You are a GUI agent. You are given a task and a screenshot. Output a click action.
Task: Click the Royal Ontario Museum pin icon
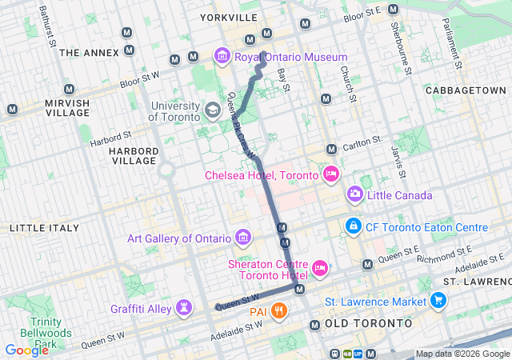(222, 57)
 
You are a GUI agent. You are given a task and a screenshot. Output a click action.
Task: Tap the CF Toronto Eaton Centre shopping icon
(352, 227)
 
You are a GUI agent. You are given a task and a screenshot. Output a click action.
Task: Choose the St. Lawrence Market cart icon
(438, 301)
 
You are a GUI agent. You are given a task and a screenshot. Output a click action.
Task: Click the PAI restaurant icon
(278, 310)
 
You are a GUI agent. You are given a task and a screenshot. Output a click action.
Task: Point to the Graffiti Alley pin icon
(185, 308)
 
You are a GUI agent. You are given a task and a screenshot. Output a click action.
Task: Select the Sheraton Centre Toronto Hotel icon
(319, 266)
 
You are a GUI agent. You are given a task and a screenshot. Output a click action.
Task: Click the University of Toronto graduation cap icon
(213, 110)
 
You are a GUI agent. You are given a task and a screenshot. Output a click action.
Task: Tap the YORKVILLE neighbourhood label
(229, 17)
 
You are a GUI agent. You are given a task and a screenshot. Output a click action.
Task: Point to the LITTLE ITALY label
(44, 228)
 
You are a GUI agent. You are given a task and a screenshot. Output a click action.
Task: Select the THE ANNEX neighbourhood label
(89, 53)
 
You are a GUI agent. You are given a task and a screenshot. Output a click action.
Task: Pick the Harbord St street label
(110, 142)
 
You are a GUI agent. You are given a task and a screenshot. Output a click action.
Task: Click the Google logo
(26, 350)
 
